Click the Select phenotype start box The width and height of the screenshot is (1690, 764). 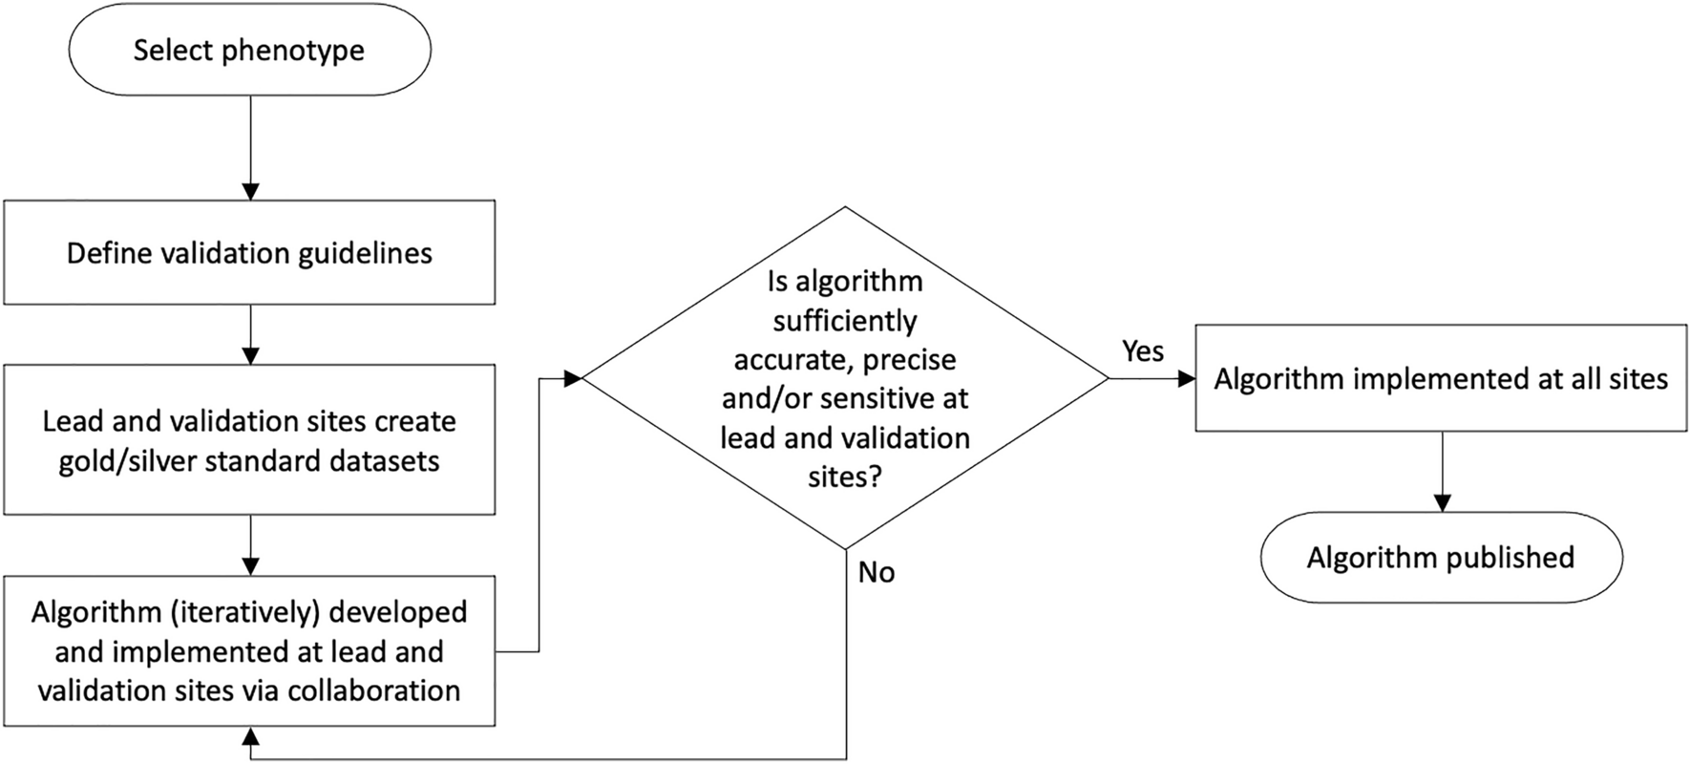click(249, 50)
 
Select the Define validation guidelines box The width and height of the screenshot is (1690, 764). click(249, 253)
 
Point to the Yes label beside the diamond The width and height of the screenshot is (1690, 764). click(1143, 351)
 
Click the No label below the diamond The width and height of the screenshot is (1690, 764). click(876, 572)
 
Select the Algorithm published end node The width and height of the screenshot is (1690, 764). click(1441, 558)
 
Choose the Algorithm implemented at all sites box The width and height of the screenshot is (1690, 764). click(1441, 378)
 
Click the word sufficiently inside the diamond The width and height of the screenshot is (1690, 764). click(845, 321)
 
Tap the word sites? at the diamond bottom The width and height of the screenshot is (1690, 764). click(845, 477)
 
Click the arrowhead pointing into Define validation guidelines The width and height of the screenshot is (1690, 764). click(250, 191)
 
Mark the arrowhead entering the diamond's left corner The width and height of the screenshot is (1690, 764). click(572, 379)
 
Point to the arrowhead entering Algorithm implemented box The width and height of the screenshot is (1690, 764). click(1186, 379)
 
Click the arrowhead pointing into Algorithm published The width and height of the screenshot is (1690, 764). click(1442, 502)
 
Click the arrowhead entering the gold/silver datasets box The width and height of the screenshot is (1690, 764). click(250, 355)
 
